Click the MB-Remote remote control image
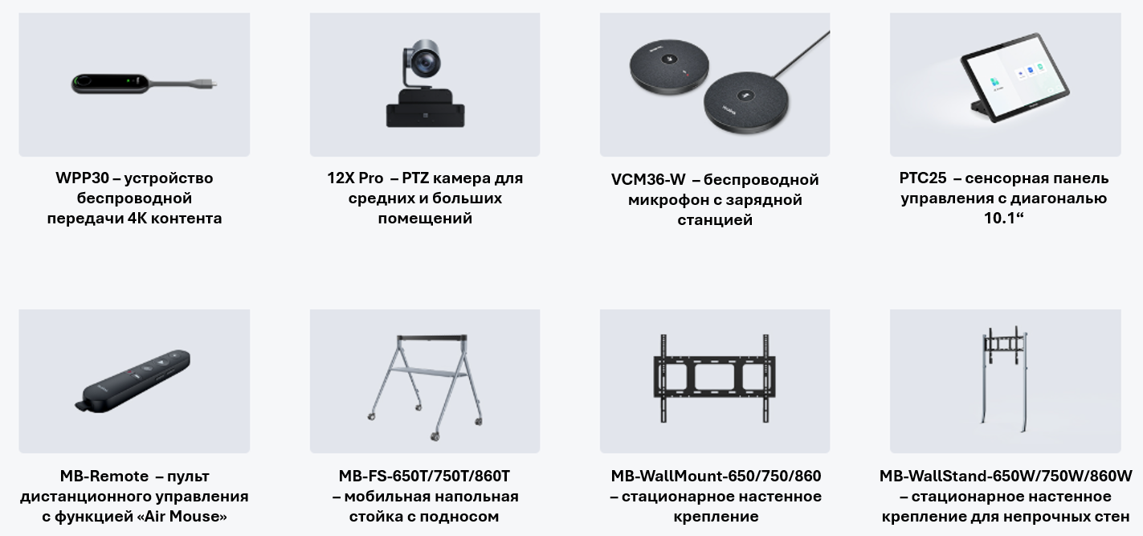(x=133, y=379)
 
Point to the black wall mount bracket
(x=715, y=377)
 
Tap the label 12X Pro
(x=354, y=178)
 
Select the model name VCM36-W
(x=648, y=179)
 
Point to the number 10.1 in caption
(x=1000, y=218)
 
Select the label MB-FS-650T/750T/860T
(x=424, y=476)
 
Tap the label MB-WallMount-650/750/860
(x=716, y=476)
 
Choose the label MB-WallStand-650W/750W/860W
(x=1005, y=476)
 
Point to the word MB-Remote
(x=100, y=476)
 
